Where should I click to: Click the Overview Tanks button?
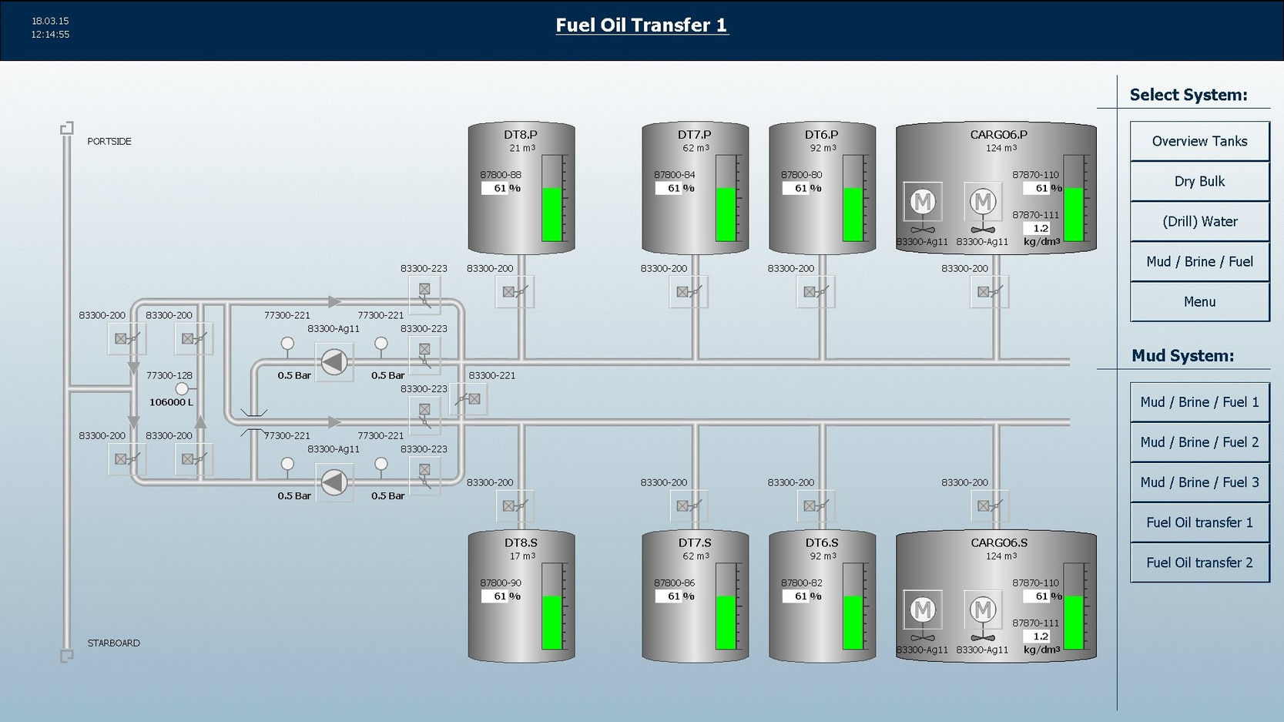tap(1199, 141)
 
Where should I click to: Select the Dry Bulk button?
tap(1199, 181)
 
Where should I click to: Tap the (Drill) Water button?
tap(1199, 221)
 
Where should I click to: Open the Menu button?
tap(1199, 302)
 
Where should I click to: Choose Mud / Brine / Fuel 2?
tap(1199, 442)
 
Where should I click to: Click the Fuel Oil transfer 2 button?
tap(1199, 562)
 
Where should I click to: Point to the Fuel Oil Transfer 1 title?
tap(642, 25)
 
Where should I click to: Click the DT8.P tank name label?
tap(521, 135)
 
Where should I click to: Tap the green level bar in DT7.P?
tap(726, 214)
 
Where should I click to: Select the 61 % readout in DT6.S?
tap(802, 596)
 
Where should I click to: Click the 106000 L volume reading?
tap(171, 402)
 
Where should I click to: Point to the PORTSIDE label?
tap(109, 142)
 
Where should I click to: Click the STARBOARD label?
tap(113, 643)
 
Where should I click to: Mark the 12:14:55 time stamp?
tap(50, 35)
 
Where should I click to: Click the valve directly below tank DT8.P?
tap(515, 292)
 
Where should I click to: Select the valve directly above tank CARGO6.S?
tap(990, 506)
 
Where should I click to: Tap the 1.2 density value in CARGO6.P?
tap(1040, 228)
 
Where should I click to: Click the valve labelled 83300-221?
tap(468, 399)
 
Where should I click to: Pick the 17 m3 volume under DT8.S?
tap(521, 556)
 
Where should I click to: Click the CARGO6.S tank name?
tap(998, 543)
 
